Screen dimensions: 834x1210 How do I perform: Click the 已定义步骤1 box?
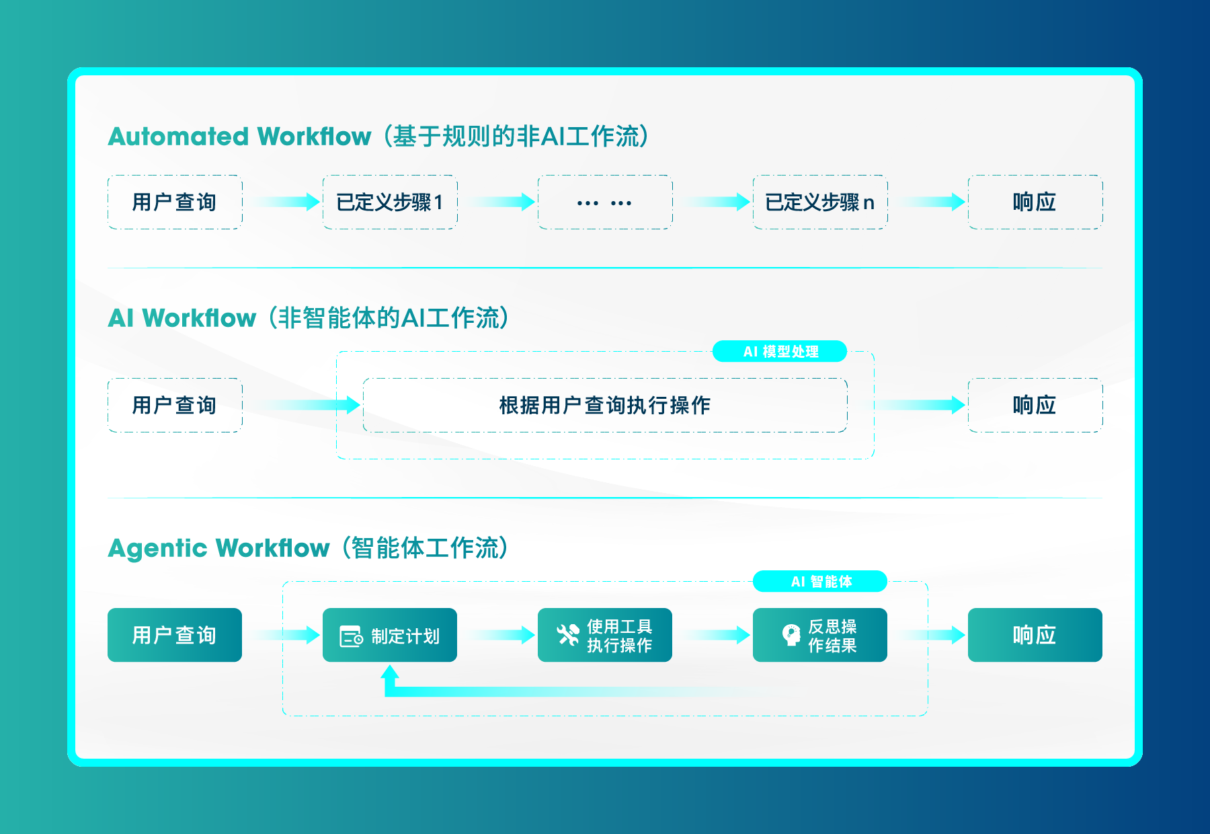(x=390, y=202)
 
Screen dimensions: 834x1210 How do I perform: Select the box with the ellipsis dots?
(x=605, y=202)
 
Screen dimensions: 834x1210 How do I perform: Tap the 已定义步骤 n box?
(x=820, y=202)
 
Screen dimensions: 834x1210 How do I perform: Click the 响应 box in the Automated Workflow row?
(x=1035, y=202)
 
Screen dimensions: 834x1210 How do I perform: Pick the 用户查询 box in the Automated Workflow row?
(x=175, y=202)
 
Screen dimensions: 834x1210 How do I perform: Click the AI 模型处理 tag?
(x=780, y=351)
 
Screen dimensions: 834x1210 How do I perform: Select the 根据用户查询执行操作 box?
(x=605, y=405)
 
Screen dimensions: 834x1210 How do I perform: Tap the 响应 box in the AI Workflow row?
(x=1035, y=405)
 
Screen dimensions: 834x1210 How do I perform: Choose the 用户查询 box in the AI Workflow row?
(x=175, y=405)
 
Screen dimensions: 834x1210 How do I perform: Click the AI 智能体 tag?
(x=820, y=581)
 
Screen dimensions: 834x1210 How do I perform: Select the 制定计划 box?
(x=390, y=635)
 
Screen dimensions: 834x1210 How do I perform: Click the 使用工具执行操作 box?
(x=605, y=635)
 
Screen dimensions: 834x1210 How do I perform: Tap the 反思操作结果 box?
(x=820, y=635)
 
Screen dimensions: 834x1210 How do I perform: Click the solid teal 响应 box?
(x=1035, y=635)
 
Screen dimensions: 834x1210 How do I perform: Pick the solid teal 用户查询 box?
(x=175, y=635)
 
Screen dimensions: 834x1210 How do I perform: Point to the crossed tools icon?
(x=568, y=635)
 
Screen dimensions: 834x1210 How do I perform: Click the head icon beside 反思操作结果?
(x=791, y=635)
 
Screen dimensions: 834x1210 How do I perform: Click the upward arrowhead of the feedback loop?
(x=390, y=672)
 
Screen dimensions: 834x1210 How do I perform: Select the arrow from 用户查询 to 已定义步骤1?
(x=286, y=202)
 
